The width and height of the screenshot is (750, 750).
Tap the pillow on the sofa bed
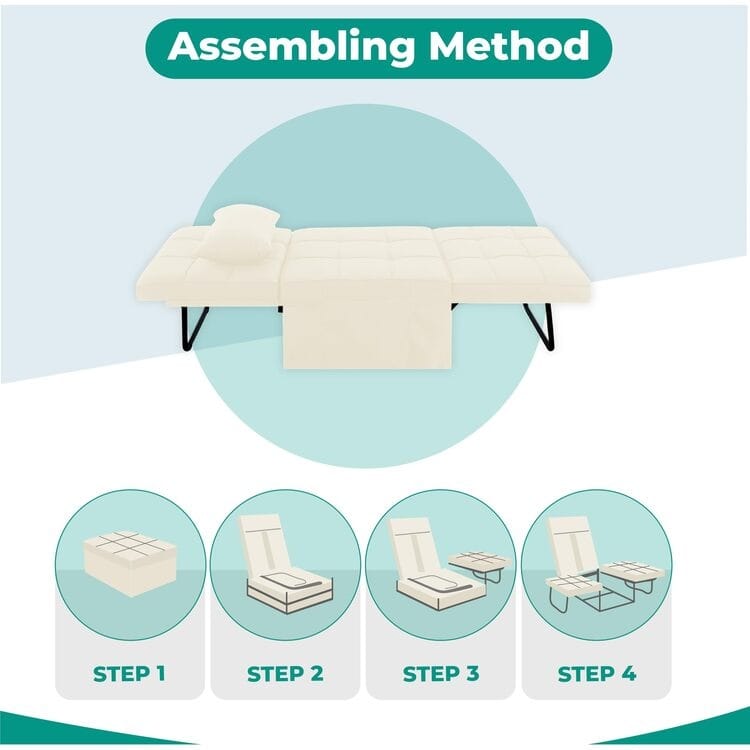coord(238,234)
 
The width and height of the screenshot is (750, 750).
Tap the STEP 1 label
coord(131,673)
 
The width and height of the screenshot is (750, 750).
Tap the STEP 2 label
coord(285,673)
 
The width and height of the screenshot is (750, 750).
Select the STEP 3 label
coord(441,673)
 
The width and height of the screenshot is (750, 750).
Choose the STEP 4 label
coord(596,673)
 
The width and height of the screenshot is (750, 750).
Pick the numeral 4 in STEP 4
coord(628,673)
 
